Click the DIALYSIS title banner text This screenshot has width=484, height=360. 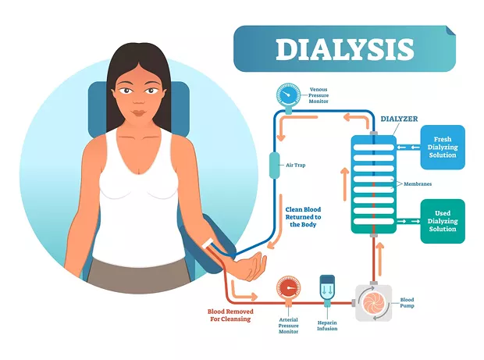pyautogui.click(x=344, y=49)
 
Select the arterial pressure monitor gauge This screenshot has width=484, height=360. pyautogui.click(x=288, y=287)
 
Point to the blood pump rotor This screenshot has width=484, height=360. pyautogui.click(x=373, y=303)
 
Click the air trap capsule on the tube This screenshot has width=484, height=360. pyautogui.click(x=275, y=166)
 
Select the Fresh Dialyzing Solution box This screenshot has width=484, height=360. pyautogui.click(x=443, y=148)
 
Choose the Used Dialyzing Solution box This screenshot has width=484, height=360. pyautogui.click(x=443, y=221)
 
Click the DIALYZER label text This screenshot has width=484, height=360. pyautogui.click(x=399, y=119)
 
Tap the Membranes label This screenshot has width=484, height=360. pyautogui.click(x=418, y=184)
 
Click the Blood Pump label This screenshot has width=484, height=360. pyautogui.click(x=407, y=302)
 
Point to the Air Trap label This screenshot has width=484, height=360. pyautogui.click(x=295, y=166)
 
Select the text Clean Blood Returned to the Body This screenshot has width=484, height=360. pyautogui.click(x=303, y=217)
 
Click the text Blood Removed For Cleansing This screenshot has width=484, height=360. pyautogui.click(x=230, y=315)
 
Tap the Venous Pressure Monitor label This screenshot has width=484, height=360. pyautogui.click(x=319, y=95)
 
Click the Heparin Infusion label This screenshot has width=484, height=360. pyautogui.click(x=327, y=326)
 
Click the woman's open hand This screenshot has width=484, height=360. pyautogui.click(x=252, y=267)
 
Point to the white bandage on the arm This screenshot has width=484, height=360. pyautogui.click(x=207, y=243)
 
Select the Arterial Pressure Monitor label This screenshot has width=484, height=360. pyautogui.click(x=289, y=326)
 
